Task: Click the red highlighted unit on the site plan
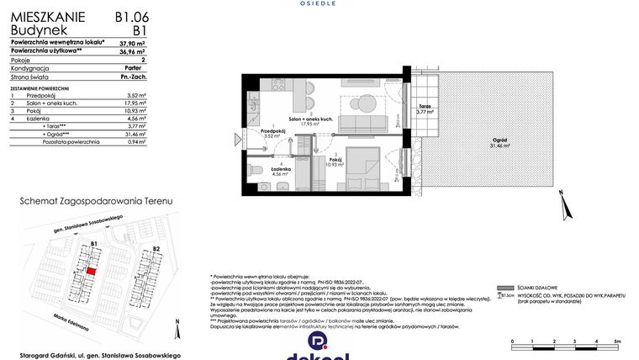tap(91, 272)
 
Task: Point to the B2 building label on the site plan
tap(156, 249)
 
